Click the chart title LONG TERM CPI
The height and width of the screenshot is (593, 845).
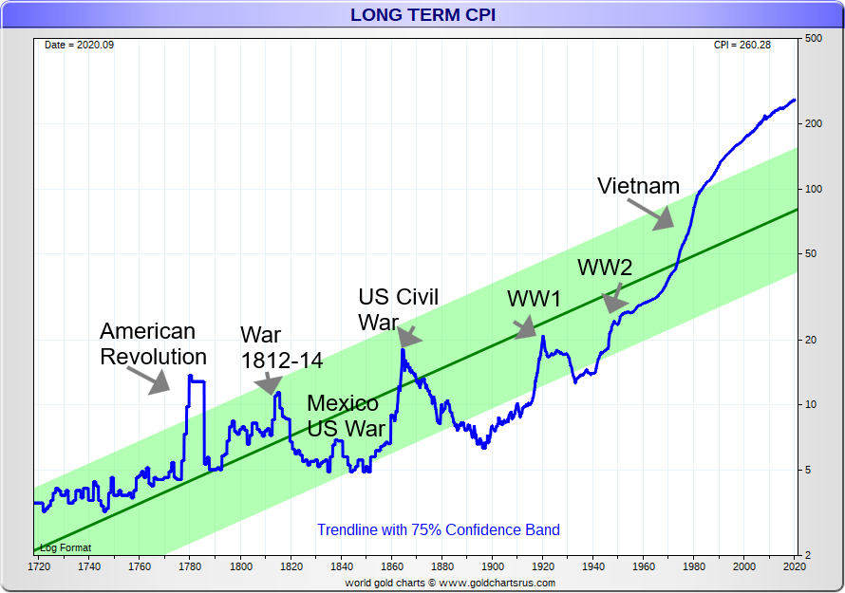coord(422,14)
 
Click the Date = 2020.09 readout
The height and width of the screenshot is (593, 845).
coord(78,46)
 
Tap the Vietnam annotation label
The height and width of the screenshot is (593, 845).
coord(638,186)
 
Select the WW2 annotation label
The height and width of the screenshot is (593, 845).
coord(605,268)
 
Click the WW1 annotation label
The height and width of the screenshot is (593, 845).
coord(535,299)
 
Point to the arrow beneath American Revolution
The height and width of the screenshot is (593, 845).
coord(148,380)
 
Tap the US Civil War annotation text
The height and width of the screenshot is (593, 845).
coord(397,309)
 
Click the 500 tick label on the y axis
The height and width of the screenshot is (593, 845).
coord(813,39)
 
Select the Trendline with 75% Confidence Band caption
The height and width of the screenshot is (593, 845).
coord(438,529)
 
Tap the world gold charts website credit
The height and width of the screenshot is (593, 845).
coord(449,583)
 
